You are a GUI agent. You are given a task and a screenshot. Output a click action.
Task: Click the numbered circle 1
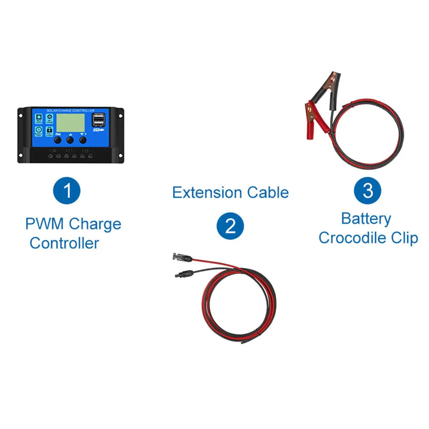point(67,190)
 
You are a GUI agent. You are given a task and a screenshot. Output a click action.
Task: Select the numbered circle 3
point(367,190)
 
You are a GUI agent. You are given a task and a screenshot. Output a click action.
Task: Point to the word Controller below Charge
point(64,243)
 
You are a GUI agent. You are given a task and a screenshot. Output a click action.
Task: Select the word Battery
point(366,219)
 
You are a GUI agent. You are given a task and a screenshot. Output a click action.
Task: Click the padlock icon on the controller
point(49,129)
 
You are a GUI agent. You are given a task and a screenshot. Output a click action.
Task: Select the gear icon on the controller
point(49,116)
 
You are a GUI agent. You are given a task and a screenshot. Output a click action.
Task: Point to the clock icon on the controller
point(39,129)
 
